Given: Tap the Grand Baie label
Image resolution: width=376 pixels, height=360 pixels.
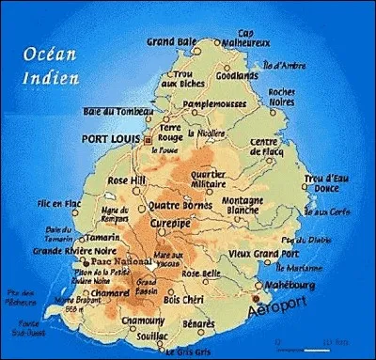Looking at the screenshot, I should point(171,42).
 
